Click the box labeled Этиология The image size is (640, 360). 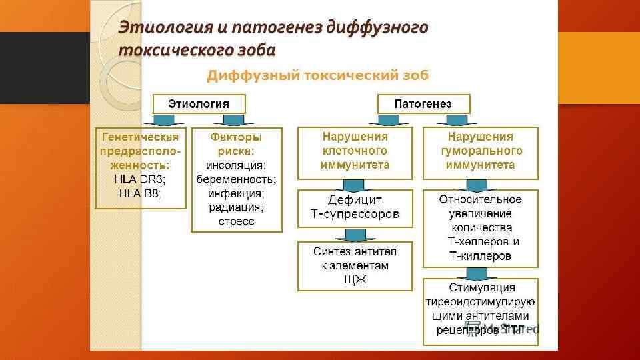(x=199, y=103)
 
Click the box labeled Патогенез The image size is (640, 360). (x=423, y=103)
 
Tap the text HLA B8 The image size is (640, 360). (x=139, y=193)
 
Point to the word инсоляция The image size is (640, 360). (x=236, y=165)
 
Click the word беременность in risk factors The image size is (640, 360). (x=237, y=179)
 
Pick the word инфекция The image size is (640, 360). (x=236, y=193)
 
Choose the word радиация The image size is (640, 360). (x=236, y=207)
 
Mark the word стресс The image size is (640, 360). (x=236, y=221)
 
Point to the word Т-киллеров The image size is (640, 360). (x=479, y=256)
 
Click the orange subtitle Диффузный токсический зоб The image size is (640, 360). (x=317, y=75)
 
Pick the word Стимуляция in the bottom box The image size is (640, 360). (x=480, y=287)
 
